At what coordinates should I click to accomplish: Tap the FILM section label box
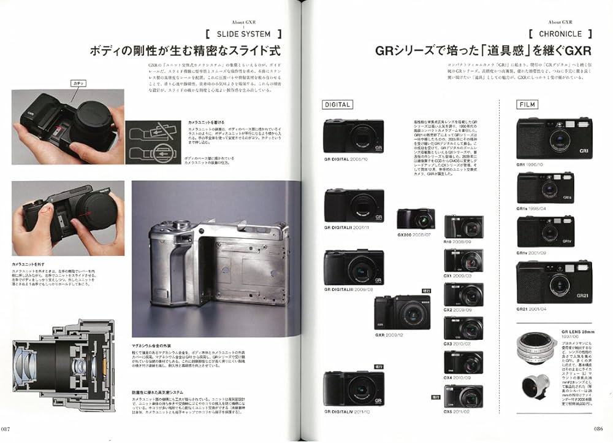coord(528,104)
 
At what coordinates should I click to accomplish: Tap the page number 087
coord(10,429)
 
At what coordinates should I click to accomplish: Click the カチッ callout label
coord(78,83)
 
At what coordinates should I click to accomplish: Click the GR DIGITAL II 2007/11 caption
coord(346,228)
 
